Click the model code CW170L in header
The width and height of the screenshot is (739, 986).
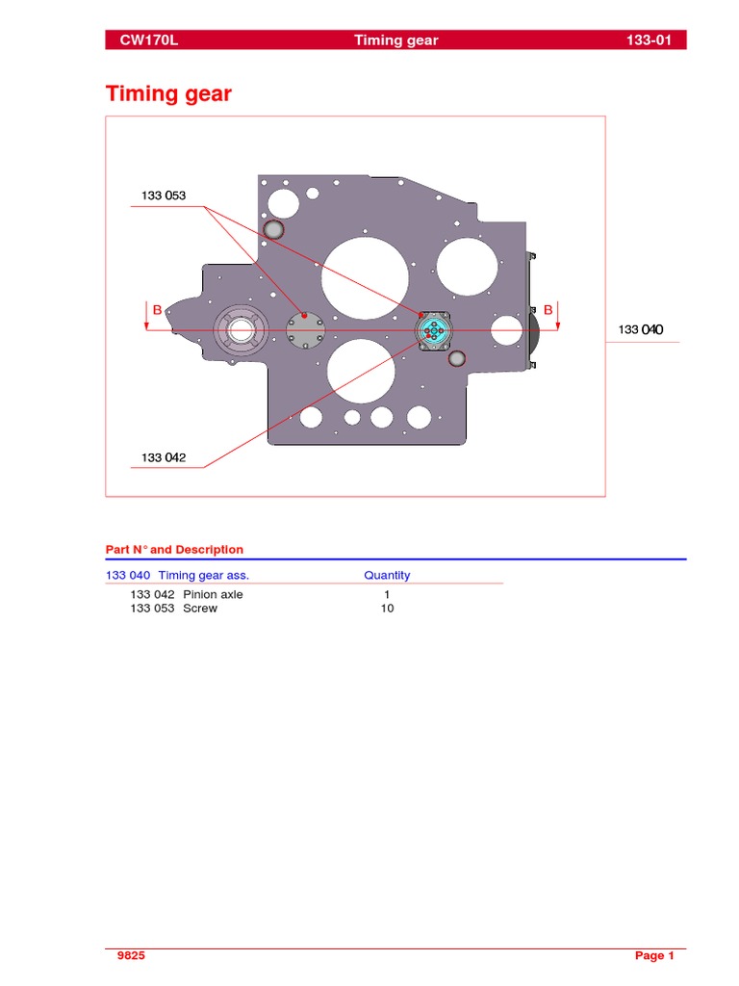pyautogui.click(x=140, y=40)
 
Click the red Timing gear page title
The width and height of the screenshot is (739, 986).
pyautogui.click(x=168, y=93)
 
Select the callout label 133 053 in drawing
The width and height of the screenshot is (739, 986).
pyautogui.click(x=164, y=195)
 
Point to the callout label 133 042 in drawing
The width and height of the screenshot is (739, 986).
pyautogui.click(x=164, y=457)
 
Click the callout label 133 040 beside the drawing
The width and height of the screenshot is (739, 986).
pyautogui.click(x=640, y=329)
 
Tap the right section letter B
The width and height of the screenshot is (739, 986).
pyautogui.click(x=548, y=309)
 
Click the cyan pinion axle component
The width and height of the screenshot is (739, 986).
pyautogui.click(x=432, y=330)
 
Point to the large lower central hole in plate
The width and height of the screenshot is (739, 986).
pyautogui.click(x=361, y=371)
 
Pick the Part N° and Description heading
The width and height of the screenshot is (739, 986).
pyautogui.click(x=174, y=550)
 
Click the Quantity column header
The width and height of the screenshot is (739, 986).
pyautogui.click(x=387, y=575)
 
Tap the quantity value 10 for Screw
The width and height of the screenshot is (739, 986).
pyautogui.click(x=387, y=609)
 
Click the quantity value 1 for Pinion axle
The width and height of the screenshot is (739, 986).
pyautogui.click(x=387, y=594)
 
